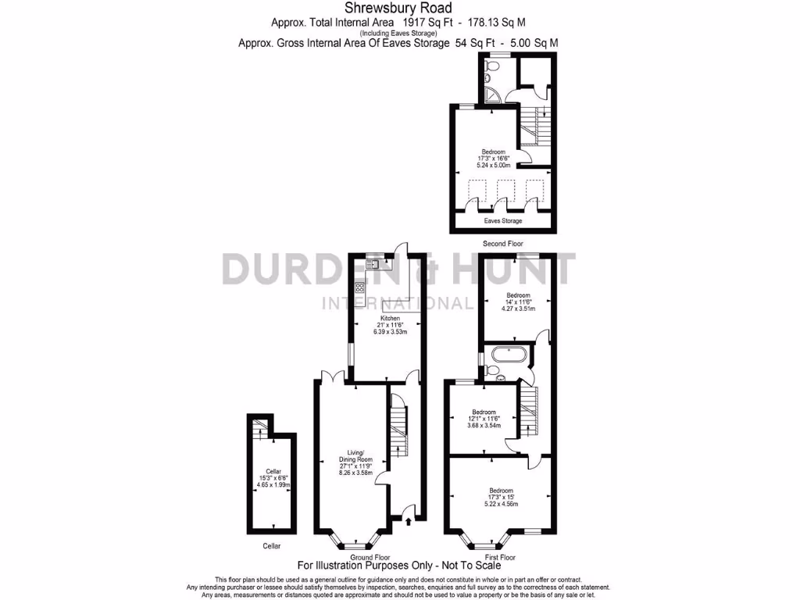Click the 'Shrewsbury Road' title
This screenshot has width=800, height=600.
coord(399,9)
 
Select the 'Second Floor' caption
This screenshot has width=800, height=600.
coord(502,244)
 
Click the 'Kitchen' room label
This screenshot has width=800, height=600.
coord(390,319)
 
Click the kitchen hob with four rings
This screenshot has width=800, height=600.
coord(359,287)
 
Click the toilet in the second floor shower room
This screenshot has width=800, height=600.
coord(487,76)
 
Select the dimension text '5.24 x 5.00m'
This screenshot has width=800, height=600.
coord(493,166)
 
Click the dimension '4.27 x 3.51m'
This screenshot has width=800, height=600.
coord(518,309)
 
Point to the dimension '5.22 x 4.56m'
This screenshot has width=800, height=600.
coord(501,504)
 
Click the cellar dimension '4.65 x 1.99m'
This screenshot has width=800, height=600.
coord(273,485)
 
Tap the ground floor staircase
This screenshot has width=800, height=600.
coord(398,430)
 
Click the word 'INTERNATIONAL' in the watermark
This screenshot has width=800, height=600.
coord(398,303)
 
